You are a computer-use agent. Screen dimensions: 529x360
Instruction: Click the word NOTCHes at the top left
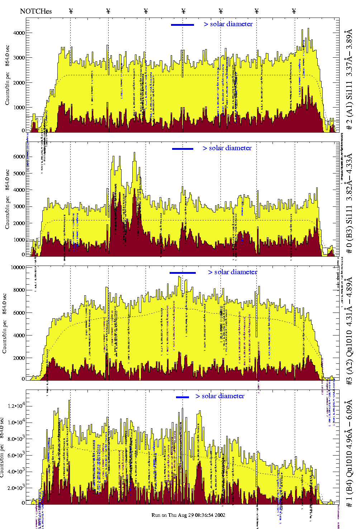(x=36, y=11)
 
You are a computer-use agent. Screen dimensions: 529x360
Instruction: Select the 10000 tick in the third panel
(x=18, y=267)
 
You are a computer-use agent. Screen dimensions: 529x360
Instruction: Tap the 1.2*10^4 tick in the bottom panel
(x=16, y=406)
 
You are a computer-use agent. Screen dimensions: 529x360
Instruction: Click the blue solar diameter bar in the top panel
(x=183, y=25)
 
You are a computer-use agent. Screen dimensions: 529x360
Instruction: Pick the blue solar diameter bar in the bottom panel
(x=182, y=397)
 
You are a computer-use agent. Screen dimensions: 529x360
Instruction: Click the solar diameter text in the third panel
(x=232, y=272)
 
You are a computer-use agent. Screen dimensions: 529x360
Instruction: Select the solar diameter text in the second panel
(x=227, y=148)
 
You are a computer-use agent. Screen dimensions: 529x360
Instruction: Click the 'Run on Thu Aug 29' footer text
(x=188, y=515)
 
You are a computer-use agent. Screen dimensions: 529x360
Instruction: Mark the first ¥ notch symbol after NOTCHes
(x=71, y=11)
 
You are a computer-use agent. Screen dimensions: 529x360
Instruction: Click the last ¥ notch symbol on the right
(x=294, y=11)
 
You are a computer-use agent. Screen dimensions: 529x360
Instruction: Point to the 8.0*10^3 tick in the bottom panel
(x=16, y=439)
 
